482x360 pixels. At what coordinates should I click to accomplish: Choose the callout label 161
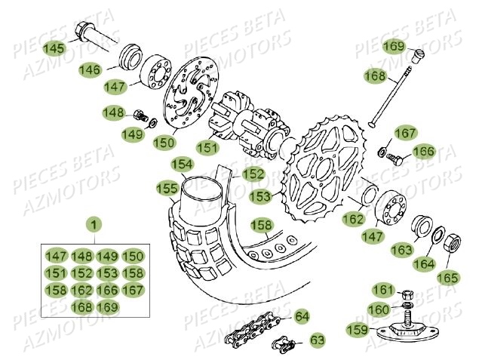coord(384,291)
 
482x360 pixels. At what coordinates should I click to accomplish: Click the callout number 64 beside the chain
coord(301,315)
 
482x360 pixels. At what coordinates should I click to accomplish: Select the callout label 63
coord(318,340)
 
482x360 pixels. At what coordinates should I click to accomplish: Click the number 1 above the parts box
coord(93,224)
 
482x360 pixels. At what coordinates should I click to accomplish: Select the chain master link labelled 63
coord(285,345)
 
